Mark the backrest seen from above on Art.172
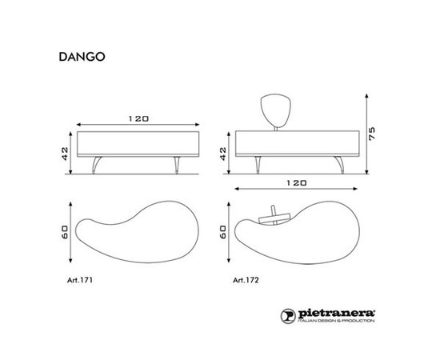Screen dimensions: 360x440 tap(270, 221)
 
